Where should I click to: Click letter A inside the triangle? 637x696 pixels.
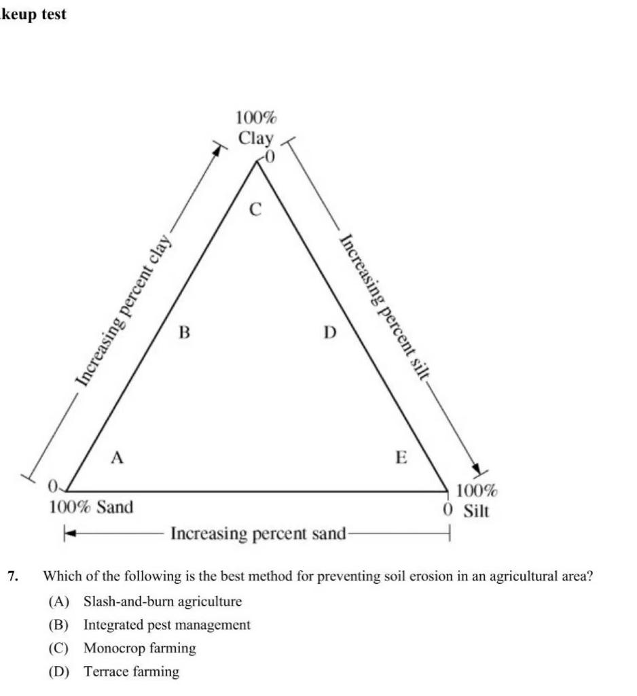click(x=117, y=458)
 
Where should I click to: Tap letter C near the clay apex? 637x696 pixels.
click(x=255, y=211)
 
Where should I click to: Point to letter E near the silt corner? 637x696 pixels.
click(x=401, y=457)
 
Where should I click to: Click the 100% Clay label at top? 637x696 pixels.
click(x=256, y=128)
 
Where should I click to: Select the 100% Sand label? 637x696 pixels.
click(x=92, y=507)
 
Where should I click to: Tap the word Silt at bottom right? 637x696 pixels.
click(x=475, y=510)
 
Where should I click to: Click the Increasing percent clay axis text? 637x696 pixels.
click(x=125, y=305)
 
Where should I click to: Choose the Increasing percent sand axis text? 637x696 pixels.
click(x=258, y=534)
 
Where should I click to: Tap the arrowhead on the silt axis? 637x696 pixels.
click(x=477, y=470)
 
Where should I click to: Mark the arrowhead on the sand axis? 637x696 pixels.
click(x=69, y=534)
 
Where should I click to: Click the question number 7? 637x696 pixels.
click(x=13, y=576)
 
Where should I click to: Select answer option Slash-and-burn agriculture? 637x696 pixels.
click(x=162, y=602)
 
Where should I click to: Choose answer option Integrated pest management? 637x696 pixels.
click(x=166, y=625)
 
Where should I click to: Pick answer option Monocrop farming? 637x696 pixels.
click(x=139, y=648)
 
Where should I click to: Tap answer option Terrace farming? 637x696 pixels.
click(x=131, y=672)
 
